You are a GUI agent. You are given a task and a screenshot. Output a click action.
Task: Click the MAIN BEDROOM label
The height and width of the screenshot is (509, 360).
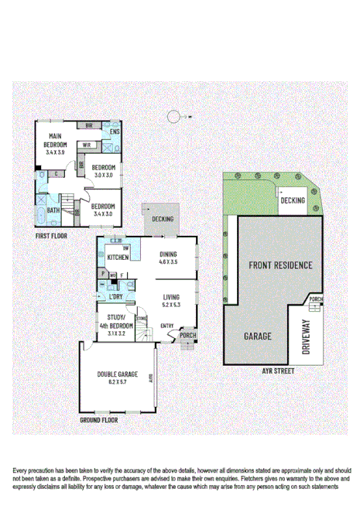tap(54, 141)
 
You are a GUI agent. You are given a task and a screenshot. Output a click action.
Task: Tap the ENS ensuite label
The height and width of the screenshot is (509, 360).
tap(115, 132)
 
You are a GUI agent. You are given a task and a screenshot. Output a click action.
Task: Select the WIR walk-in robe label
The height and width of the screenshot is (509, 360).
tap(87, 144)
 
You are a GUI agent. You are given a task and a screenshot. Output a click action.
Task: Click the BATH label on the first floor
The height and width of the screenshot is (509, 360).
tap(53, 210)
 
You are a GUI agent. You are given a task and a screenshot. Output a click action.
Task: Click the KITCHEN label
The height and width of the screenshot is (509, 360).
tap(118, 258)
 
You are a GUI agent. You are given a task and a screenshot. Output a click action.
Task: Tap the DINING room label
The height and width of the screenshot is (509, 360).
tap(168, 254)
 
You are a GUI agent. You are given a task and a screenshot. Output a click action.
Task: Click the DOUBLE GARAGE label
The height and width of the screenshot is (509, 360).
tap(118, 374)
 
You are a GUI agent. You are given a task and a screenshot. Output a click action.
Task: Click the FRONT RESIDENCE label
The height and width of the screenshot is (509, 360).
tap(280, 265)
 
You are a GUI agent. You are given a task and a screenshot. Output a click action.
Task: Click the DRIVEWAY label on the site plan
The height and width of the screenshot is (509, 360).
tap(304, 336)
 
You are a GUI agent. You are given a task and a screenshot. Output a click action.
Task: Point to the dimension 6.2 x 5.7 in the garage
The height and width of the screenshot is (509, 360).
tap(118, 382)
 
